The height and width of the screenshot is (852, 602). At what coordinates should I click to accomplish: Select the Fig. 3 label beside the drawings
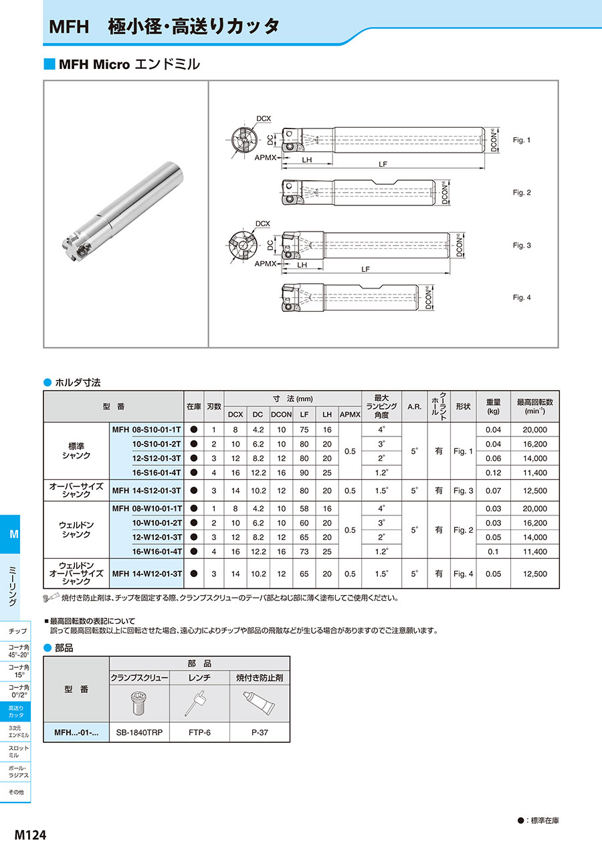coord(522,246)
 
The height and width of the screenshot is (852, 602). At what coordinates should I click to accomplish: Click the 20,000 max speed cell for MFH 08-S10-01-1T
coord(535,430)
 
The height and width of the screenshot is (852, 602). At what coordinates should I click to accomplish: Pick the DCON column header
coord(282,414)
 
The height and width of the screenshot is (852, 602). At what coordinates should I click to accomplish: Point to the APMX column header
coord(350,414)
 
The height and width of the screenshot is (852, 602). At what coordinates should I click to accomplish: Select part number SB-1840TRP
coord(139,733)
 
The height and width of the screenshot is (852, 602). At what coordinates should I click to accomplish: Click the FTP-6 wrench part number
coord(199,733)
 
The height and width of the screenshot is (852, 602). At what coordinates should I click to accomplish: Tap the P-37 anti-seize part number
coord(260,733)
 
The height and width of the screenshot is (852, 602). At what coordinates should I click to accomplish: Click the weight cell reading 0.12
coord(493,473)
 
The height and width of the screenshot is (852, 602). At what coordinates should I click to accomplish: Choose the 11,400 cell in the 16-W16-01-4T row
coord(535,551)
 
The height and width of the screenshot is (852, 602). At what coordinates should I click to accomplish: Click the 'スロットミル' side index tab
coord(18,750)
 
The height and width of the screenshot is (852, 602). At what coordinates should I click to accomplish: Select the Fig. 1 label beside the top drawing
coord(522,141)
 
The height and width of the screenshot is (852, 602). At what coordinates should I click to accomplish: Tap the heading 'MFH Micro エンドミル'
coord(129,64)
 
